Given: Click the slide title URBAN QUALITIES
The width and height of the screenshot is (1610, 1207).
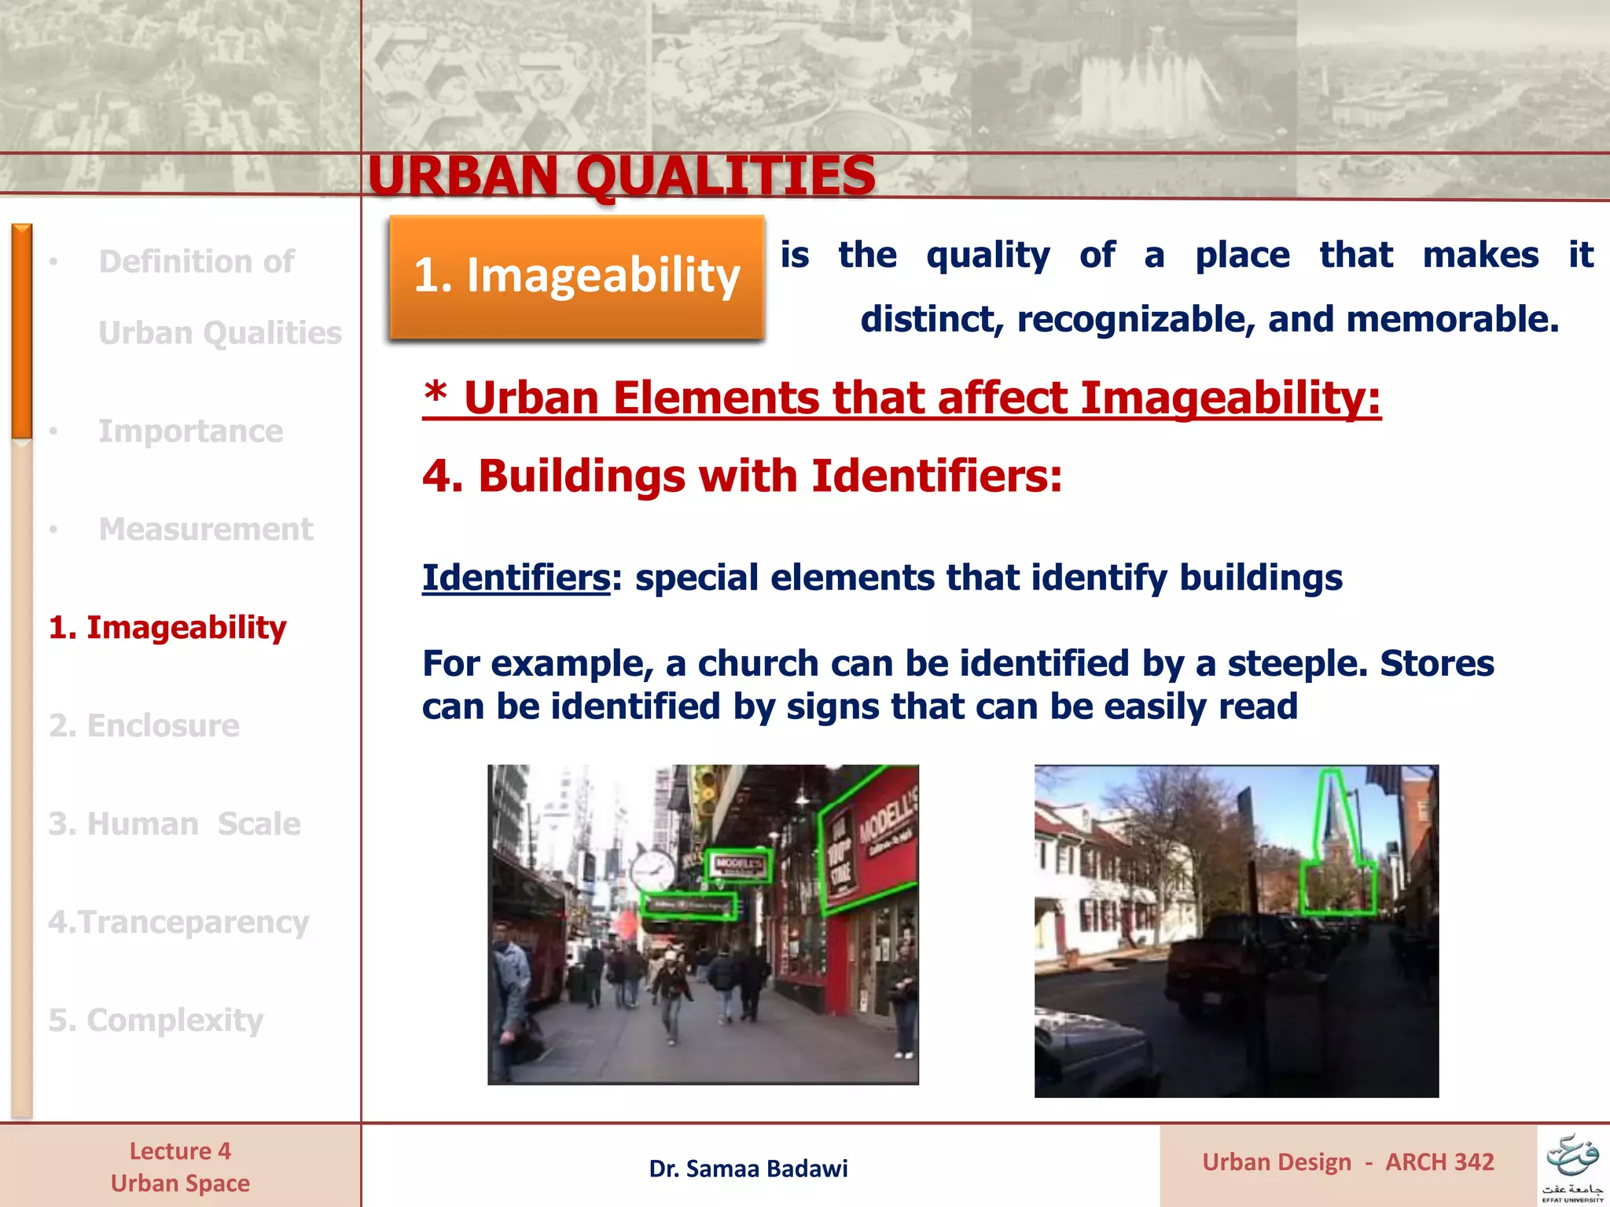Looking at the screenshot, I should coord(621,175).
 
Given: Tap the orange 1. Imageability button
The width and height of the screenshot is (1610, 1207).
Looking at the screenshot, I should coord(576,277).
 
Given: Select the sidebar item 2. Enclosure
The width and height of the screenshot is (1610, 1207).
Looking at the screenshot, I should coord(144,725).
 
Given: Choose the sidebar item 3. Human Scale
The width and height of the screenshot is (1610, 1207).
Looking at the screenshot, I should coord(174,824).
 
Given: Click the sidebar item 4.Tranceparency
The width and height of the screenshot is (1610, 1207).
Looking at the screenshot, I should coord(178,922).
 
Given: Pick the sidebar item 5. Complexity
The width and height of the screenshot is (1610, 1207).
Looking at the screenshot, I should coord(156,1020).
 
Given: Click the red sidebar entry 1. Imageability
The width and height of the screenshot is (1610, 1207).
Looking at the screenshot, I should coord(167,627).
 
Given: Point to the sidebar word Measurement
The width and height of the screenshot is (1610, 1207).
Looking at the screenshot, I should coord(205,529).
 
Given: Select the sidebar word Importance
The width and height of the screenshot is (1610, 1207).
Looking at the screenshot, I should coord(190,431).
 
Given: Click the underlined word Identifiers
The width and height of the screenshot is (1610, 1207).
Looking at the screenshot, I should coord(516,578).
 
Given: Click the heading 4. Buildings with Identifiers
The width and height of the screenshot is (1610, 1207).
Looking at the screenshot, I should coord(741,476).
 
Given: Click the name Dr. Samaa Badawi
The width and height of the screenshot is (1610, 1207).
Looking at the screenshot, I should coord(748,1168).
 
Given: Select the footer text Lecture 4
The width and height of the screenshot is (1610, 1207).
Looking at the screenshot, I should coord(180,1151).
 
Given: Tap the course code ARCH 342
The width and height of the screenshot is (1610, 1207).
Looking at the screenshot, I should coord(1439,1161).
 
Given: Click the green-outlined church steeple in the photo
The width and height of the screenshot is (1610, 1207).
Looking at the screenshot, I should coord(1334,841).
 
